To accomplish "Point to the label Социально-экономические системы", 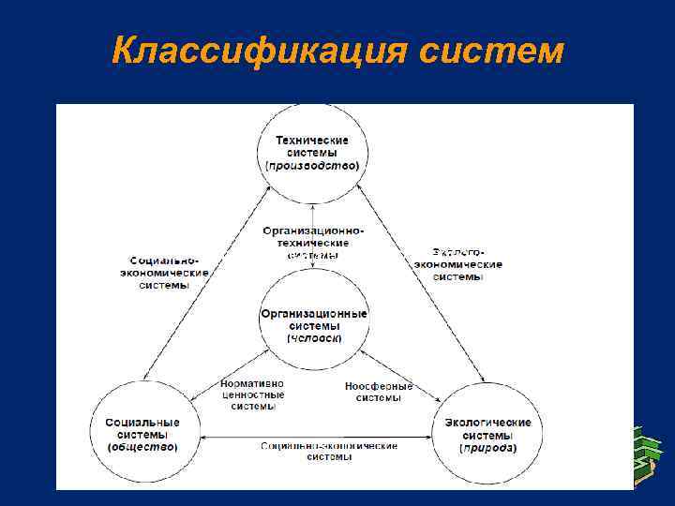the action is pos(163,272).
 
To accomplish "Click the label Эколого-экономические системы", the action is pos(458,264).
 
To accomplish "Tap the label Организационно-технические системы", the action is pos(312,242).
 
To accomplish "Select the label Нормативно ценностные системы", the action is pos(251,394).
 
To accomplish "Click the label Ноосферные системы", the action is pos(379,391).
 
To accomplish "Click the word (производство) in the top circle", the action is pos(312,165).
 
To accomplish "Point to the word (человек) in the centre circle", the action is pos(313,337).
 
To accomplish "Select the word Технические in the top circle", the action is pos(312,140).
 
